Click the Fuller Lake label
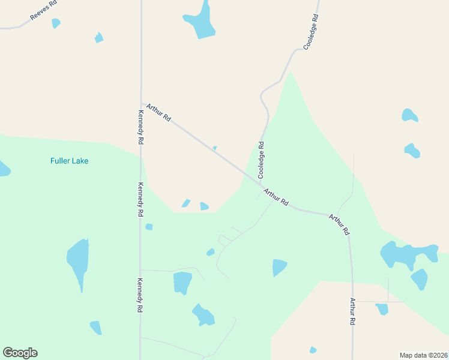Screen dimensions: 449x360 click(x=69, y=161)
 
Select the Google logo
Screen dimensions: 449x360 click(x=20, y=353)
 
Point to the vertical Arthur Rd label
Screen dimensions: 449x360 click(x=353, y=312)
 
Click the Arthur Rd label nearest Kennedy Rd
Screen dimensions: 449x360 click(x=158, y=112)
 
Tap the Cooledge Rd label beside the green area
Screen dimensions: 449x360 click(x=261, y=160)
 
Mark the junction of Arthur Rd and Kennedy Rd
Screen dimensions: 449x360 click(x=141, y=103)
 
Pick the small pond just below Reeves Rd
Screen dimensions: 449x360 click(x=56, y=23)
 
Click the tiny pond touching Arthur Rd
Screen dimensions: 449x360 click(x=214, y=148)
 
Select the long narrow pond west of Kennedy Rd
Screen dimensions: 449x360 click(x=78, y=262)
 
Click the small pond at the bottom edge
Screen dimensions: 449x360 click(x=313, y=350)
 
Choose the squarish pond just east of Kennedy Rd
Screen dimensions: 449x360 click(x=182, y=282)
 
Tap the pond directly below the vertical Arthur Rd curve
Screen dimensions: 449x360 click(x=382, y=309)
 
